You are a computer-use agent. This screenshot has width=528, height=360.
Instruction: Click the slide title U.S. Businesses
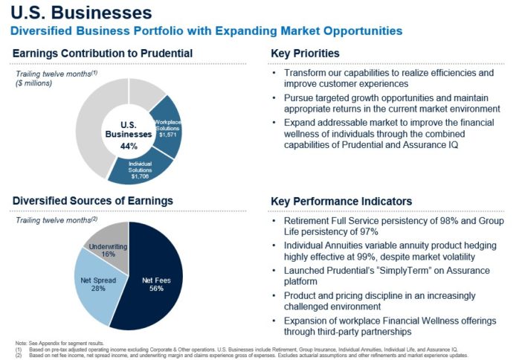pos(81,13)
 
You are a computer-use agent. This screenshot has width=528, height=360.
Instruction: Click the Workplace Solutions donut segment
pos(167,126)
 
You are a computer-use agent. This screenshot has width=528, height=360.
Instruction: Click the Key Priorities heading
pos(304,54)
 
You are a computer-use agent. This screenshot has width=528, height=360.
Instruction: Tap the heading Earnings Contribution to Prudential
pos(103,54)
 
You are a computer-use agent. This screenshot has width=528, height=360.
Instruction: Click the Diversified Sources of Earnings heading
pos(92,201)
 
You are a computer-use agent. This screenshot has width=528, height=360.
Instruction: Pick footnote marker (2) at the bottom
pos(19,354)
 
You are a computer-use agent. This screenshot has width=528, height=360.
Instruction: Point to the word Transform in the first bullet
pos(306,73)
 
